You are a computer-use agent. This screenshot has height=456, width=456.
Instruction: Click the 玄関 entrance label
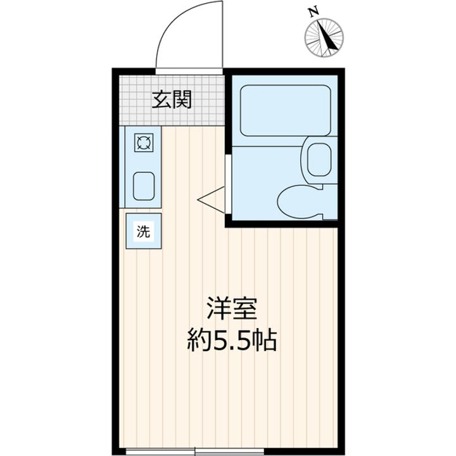point(171,99)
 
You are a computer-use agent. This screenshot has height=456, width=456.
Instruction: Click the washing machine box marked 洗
point(144,231)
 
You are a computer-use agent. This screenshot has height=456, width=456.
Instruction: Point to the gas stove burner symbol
point(144,143)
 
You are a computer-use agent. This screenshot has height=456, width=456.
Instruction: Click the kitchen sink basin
point(144,184)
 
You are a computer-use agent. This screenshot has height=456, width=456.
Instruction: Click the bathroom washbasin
point(317,159)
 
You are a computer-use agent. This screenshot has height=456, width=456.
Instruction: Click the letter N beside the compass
point(312,11)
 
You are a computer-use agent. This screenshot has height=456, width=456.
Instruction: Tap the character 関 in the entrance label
point(181,99)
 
